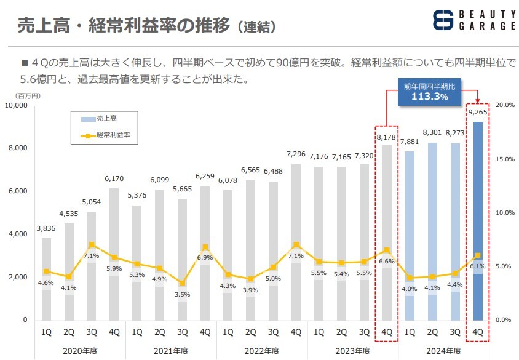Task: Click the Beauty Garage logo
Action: pos(473,20)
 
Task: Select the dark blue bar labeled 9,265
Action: pos(477,222)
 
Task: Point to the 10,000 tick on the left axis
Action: pos(16,106)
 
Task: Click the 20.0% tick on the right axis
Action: pos(505,105)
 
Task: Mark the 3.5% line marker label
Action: pos(182,295)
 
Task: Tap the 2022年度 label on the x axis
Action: pos(262,350)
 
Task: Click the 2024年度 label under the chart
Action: pos(443,350)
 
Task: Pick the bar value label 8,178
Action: pos(386,121)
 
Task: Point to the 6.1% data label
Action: pos(477,266)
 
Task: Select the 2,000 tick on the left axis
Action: pos(18,277)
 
